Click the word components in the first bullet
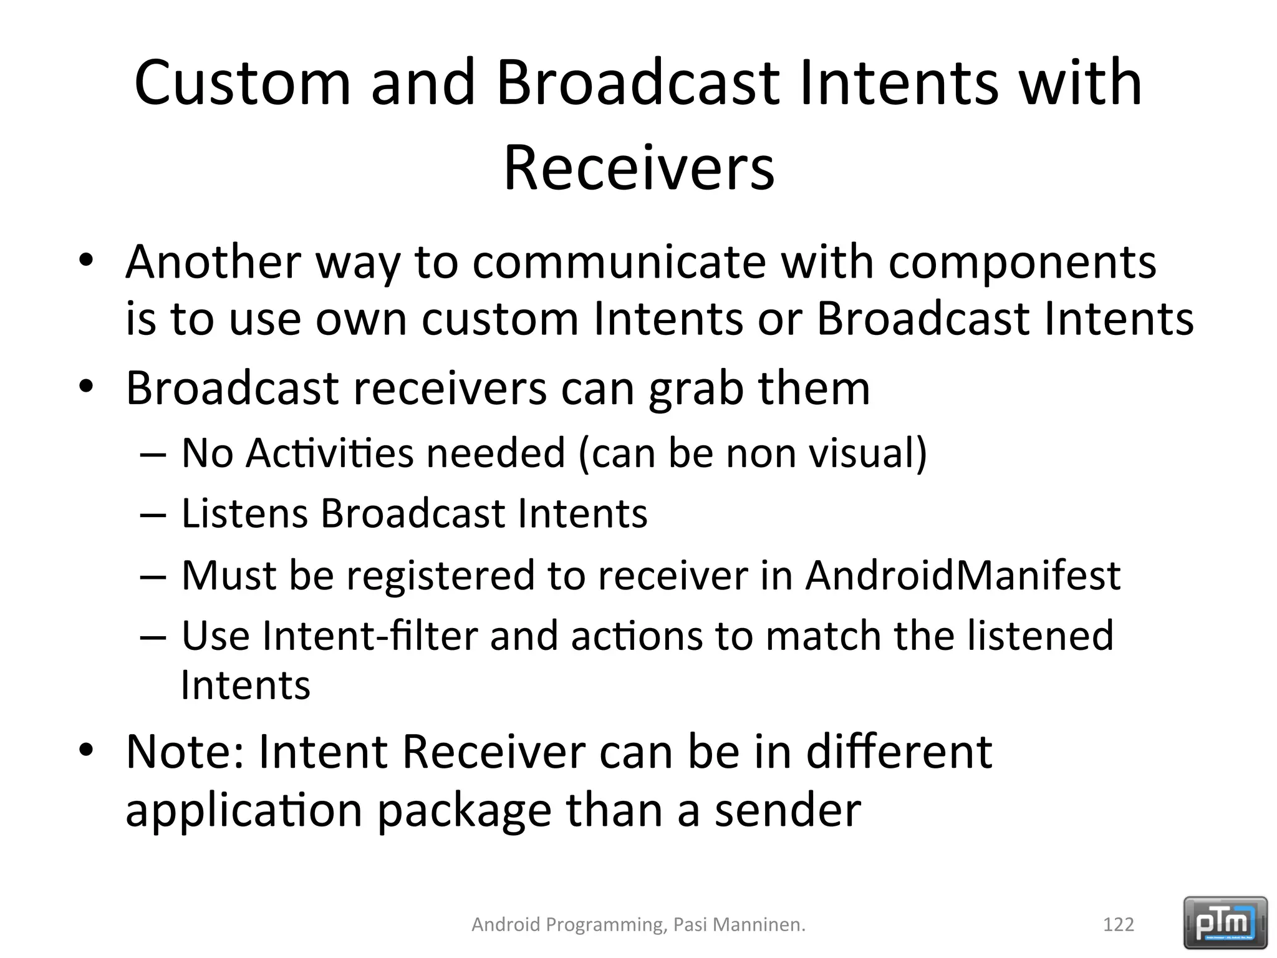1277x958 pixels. (1022, 263)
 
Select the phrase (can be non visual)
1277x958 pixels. (753, 453)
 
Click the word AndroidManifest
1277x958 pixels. (962, 575)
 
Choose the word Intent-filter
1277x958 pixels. (370, 636)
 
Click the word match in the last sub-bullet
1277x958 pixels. (822, 636)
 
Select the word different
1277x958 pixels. (899, 752)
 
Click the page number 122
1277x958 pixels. (1118, 924)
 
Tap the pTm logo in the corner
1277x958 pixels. (1225, 922)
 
